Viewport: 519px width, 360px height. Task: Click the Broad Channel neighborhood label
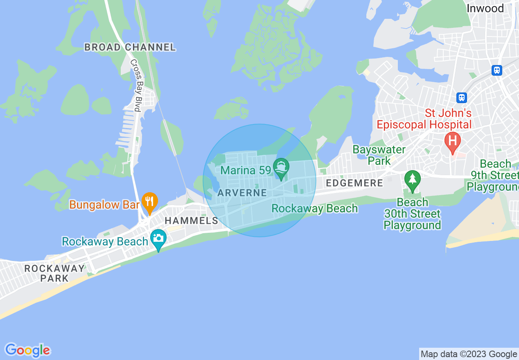click(x=130, y=47)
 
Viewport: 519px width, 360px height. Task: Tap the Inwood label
click(x=485, y=8)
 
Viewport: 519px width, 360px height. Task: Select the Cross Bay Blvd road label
click(x=135, y=85)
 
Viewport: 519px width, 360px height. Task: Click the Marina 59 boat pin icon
click(x=282, y=168)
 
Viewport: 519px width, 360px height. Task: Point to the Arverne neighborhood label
click(x=242, y=193)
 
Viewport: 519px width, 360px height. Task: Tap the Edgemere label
click(x=354, y=183)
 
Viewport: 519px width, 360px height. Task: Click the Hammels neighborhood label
click(x=191, y=221)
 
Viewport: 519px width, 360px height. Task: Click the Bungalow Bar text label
click(x=104, y=205)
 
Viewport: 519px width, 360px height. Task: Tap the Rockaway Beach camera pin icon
click(x=158, y=239)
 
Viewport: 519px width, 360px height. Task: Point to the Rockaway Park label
click(x=54, y=273)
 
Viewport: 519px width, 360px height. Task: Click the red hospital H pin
click(x=452, y=142)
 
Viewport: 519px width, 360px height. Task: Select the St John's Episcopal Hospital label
click(x=424, y=119)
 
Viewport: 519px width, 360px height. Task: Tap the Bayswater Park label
click(x=379, y=155)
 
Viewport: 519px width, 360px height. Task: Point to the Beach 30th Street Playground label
click(x=412, y=214)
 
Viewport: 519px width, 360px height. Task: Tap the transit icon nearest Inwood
click(x=497, y=70)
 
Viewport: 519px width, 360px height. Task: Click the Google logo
click(x=27, y=350)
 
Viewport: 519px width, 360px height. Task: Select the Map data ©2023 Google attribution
click(x=469, y=354)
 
